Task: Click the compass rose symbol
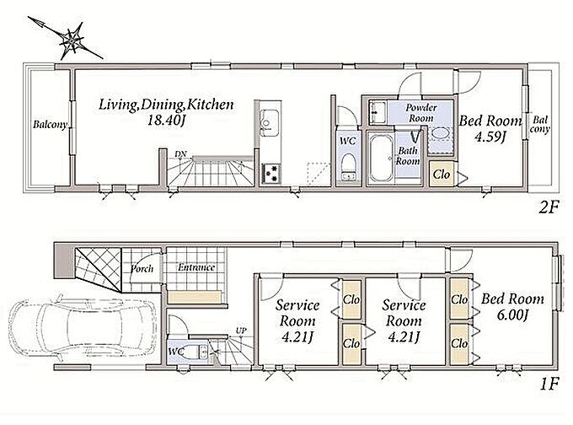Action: pos(72,40)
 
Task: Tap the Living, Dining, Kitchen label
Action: pos(166,105)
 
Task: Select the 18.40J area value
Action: pos(165,121)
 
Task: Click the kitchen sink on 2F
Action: pos(270,121)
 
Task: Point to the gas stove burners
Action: pos(271,174)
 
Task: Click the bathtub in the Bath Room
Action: pos(380,159)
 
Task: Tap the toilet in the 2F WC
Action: pos(348,165)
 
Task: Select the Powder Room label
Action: pos(421,113)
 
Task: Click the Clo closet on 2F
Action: pos(441,174)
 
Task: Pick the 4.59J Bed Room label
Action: pos(490,128)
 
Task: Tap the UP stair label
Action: pos(241,331)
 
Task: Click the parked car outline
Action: pos(83,326)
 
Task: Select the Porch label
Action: pos(142,268)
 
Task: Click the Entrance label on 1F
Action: pos(196,267)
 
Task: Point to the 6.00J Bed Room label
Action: pos(512,306)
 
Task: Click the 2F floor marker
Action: pos(549,207)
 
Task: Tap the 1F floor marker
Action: pos(549,384)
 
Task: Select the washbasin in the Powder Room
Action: pos(441,133)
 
